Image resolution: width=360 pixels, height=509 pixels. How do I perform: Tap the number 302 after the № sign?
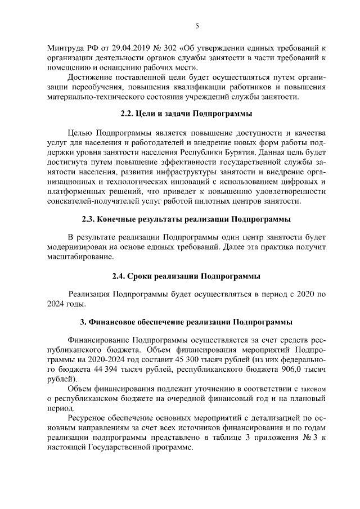tap(155, 47)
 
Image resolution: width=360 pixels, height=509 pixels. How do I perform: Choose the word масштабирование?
tap(80, 257)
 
